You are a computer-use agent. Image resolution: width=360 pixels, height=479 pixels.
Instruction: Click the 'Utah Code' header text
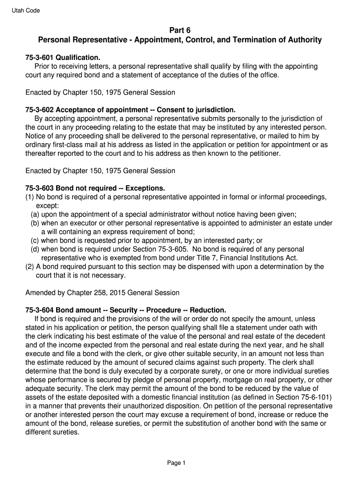pos(26,11)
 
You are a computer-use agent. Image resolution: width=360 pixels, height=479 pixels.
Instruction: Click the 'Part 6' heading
pos(180,30)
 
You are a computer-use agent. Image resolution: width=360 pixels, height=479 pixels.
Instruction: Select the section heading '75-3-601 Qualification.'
pos(63,58)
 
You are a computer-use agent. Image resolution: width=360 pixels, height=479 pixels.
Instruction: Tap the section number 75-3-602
pos(40,110)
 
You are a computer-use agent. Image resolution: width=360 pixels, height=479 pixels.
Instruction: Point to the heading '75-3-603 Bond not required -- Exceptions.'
pos(95,189)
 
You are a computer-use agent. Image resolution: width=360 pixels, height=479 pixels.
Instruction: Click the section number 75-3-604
pos(40,310)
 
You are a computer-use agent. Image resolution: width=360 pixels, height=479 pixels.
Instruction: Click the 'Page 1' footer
pos(177,463)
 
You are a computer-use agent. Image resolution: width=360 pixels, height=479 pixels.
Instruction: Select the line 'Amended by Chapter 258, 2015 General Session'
pos(102,293)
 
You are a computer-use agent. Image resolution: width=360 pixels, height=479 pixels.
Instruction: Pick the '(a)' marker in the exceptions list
pos(35,215)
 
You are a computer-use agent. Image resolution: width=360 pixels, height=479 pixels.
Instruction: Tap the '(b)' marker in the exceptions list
pos(35,223)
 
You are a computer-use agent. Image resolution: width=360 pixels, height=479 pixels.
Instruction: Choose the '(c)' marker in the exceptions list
pos(35,240)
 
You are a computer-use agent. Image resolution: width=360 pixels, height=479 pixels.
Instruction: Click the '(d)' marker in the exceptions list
pos(35,249)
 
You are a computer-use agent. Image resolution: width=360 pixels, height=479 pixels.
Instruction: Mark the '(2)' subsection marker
pos(29,267)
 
